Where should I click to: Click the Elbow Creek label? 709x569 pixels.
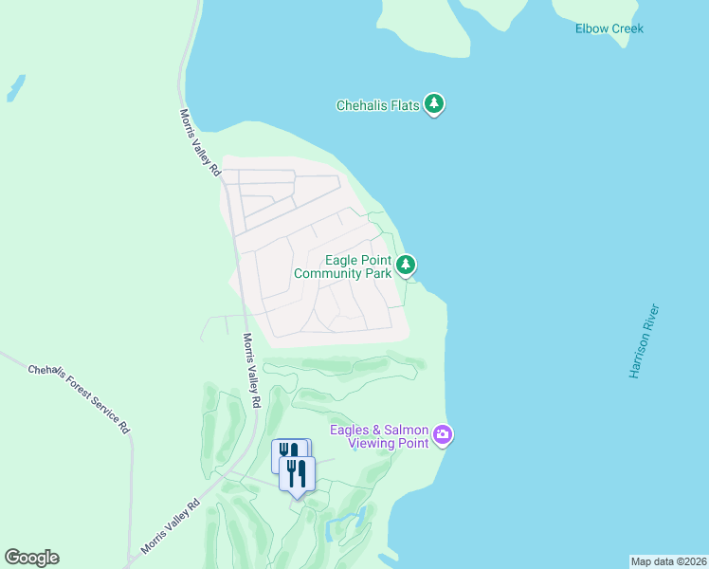pyautogui.click(x=609, y=28)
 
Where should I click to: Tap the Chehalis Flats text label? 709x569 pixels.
pyautogui.click(x=377, y=105)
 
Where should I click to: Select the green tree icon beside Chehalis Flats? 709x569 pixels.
pyautogui.click(x=434, y=103)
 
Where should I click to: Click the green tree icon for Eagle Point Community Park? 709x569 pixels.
pyautogui.click(x=406, y=265)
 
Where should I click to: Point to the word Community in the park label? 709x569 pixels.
pyautogui.click(x=329, y=274)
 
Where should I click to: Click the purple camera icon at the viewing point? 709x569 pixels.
pyautogui.click(x=443, y=435)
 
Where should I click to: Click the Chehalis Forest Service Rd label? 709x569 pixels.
pyautogui.click(x=78, y=398)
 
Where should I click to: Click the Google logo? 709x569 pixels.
pyautogui.click(x=31, y=558)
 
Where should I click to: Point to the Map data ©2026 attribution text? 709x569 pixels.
pyautogui.click(x=668, y=561)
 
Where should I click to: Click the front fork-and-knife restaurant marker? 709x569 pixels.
pyautogui.click(x=297, y=474)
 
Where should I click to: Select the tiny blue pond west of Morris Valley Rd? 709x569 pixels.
pyautogui.click(x=15, y=87)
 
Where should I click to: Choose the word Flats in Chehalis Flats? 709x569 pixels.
pyautogui.click(x=404, y=105)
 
